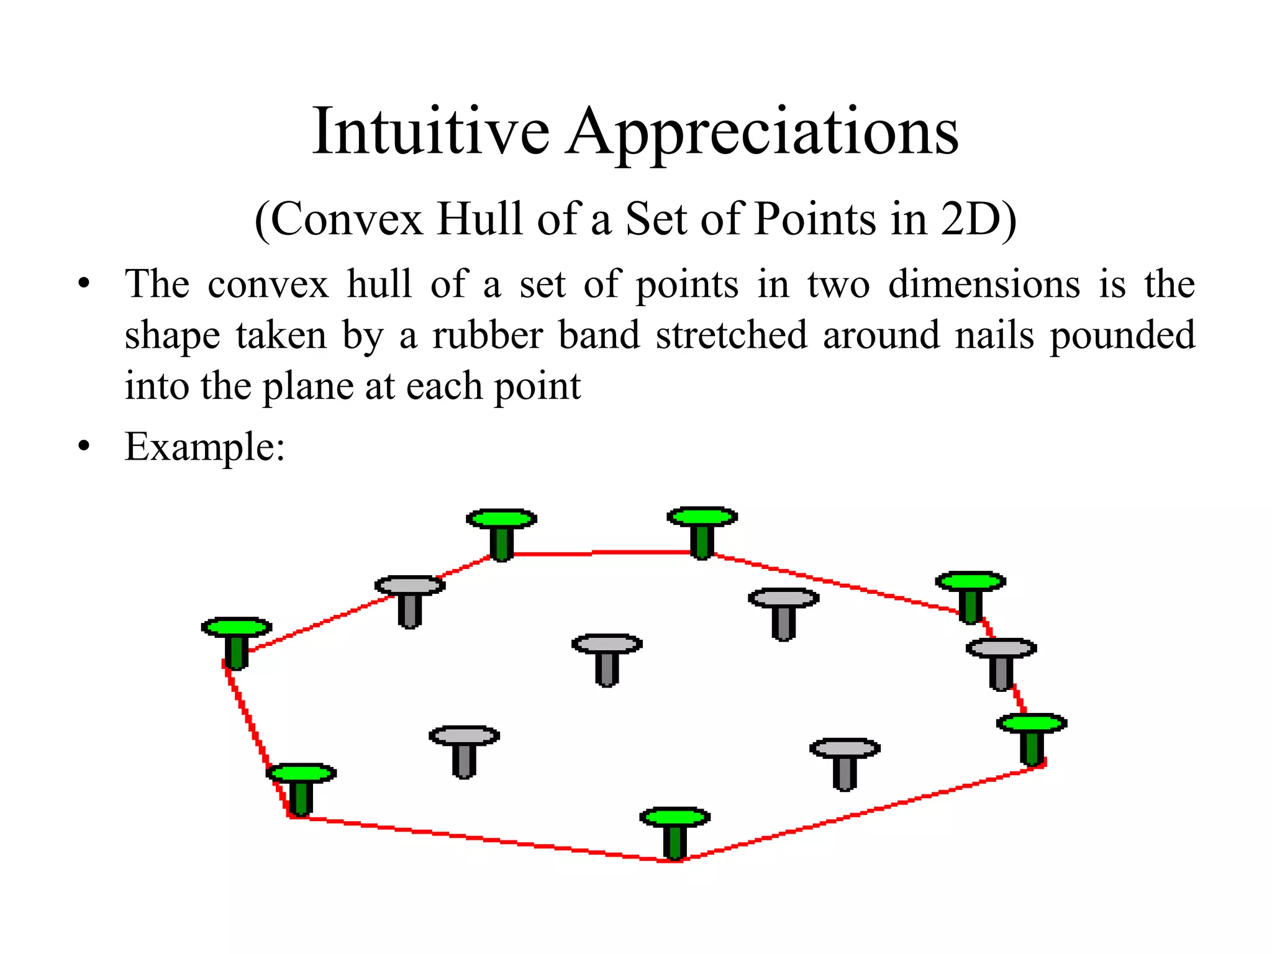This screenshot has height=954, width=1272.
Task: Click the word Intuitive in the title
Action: tap(430, 132)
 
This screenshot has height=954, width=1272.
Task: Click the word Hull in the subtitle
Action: tap(479, 219)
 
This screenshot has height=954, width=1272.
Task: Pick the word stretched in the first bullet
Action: tap(732, 335)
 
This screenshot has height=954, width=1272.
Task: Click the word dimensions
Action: tap(984, 284)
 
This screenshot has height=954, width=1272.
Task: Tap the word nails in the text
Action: tap(994, 335)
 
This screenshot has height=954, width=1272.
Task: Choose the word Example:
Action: tap(205, 447)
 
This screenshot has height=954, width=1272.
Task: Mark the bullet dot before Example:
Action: tap(84, 446)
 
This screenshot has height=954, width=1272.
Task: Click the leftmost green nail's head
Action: tap(237, 627)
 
